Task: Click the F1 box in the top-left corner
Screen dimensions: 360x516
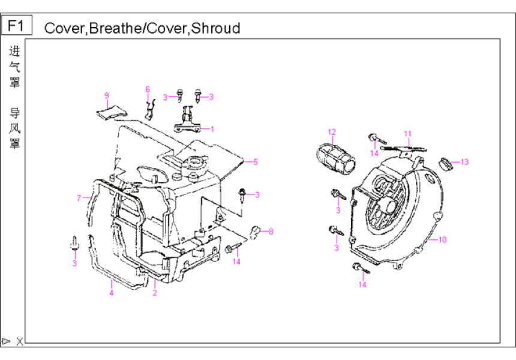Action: coord(16,26)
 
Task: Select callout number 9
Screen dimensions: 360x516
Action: coord(106,95)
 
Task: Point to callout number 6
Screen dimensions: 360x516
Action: coord(147,89)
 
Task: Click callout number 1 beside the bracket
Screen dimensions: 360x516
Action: coord(212,128)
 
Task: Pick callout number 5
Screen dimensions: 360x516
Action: coord(255,161)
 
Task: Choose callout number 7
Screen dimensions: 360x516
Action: coord(79,198)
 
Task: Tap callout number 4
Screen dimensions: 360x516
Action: coord(111,293)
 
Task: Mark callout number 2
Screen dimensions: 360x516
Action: coord(154,293)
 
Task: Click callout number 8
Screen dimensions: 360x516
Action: coord(271,231)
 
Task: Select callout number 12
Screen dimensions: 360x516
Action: coord(332,131)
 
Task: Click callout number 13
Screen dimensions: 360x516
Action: coord(464,161)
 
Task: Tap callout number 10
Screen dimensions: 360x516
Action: coord(442,239)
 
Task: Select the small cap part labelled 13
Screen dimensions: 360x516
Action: coord(446,162)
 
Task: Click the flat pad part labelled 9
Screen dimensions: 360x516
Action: coord(113,111)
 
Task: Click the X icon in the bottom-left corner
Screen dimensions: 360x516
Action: coord(20,341)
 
